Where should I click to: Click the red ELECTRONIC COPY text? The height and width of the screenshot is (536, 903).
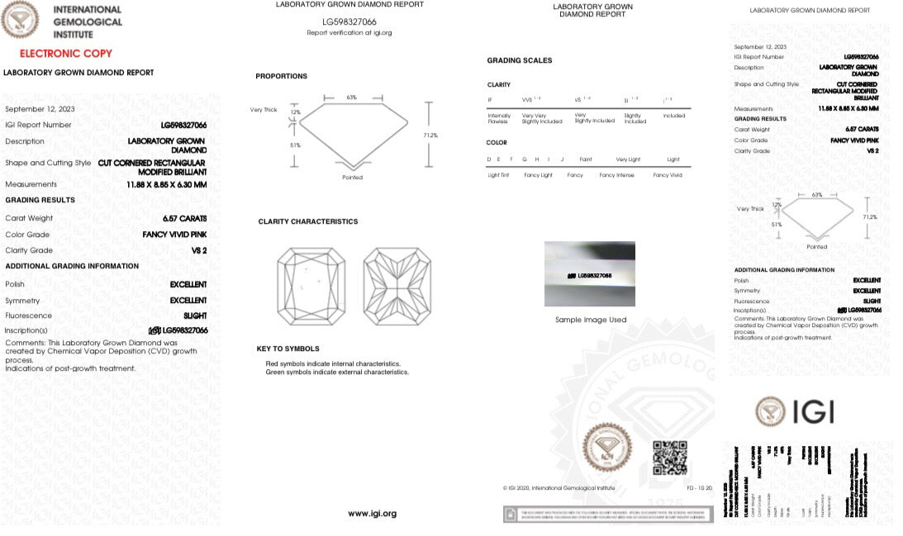[x=66, y=53]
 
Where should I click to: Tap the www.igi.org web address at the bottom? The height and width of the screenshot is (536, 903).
[x=372, y=514]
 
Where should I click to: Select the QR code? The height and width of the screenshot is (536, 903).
[x=670, y=458]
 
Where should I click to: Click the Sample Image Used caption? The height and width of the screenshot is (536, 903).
[x=590, y=320]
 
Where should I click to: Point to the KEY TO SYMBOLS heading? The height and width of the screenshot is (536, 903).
[x=288, y=349]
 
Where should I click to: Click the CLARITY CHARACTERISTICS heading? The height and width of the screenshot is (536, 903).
[x=307, y=221]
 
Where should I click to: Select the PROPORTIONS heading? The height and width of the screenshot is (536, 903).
[x=281, y=76]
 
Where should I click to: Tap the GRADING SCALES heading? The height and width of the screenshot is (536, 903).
[x=520, y=60]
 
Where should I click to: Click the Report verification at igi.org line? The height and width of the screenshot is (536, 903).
[x=349, y=33]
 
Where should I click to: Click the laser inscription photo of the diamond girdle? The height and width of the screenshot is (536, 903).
[x=590, y=274]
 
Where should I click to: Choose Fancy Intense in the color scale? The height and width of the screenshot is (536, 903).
[x=617, y=175]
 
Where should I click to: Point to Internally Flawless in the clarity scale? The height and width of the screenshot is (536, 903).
[x=499, y=119]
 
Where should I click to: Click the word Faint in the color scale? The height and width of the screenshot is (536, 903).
[x=586, y=159]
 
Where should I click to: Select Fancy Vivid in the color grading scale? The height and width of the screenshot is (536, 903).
[x=668, y=175]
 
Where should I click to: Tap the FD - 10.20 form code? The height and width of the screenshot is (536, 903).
[x=676, y=488]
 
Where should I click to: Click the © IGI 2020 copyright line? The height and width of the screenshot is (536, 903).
[x=558, y=488]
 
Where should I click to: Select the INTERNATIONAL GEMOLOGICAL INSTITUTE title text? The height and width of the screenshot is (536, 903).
[x=87, y=22]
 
